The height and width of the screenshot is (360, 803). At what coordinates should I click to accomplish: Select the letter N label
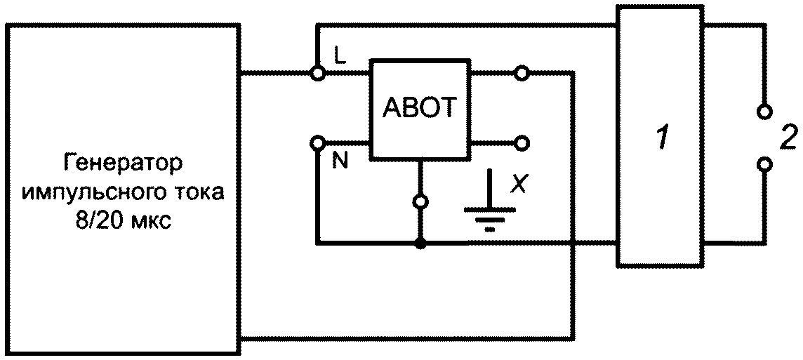(339, 161)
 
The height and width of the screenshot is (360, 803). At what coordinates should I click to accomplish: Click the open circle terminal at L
(318, 74)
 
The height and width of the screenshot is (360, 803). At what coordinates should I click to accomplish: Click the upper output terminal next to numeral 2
(764, 111)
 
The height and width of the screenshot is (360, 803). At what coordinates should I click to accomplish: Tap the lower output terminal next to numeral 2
(764, 164)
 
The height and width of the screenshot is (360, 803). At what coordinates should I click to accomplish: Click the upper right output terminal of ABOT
(522, 74)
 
